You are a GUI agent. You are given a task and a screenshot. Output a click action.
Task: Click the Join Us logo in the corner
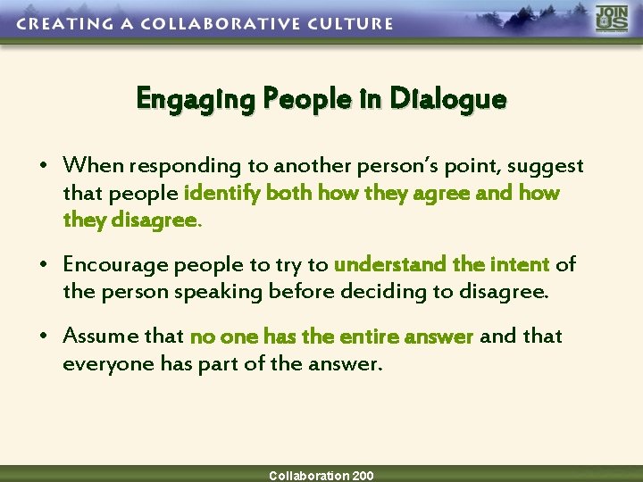(612, 20)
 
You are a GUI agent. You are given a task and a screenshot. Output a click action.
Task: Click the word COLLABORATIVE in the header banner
(221, 23)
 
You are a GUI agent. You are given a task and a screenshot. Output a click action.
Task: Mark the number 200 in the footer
(363, 476)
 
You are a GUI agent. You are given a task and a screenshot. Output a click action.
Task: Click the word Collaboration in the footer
(309, 476)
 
